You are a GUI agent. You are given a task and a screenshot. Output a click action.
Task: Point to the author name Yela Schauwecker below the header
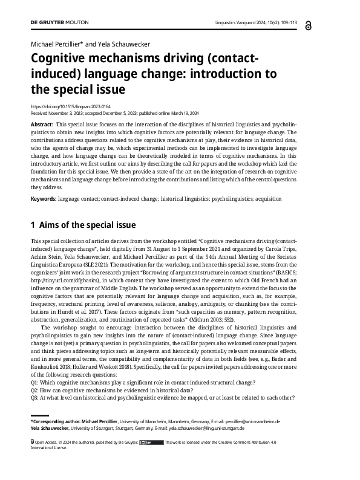(126, 44)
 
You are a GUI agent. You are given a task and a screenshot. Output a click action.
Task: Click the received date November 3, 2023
(73, 112)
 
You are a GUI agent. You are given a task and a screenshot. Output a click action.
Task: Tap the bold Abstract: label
(41, 123)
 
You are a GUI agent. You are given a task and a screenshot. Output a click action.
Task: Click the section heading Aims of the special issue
(87, 225)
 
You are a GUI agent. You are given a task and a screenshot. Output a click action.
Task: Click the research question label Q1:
(34, 382)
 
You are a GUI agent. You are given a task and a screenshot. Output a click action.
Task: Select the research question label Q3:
(34, 397)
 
